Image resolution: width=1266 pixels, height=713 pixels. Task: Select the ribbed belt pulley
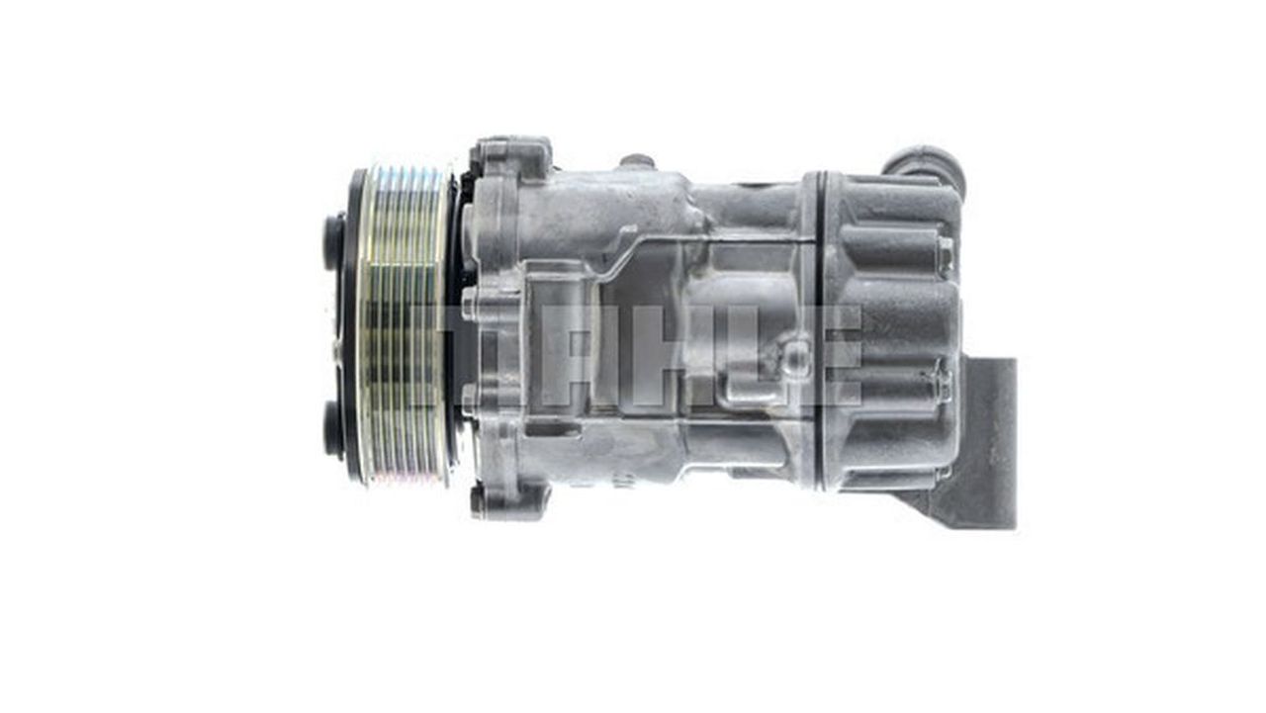tap(406, 325)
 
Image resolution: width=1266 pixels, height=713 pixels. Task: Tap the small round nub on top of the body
tap(637, 161)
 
